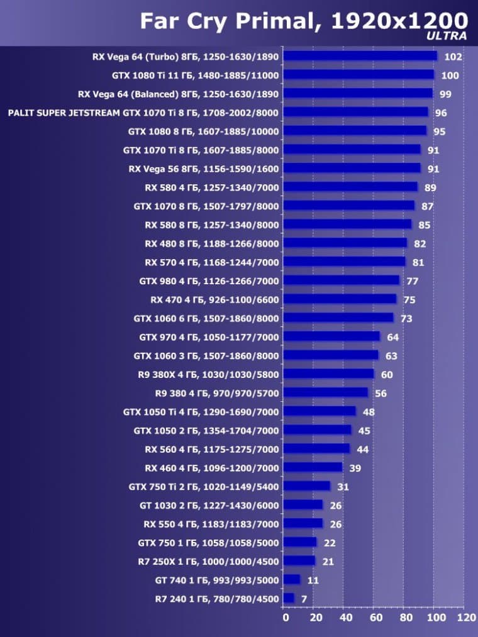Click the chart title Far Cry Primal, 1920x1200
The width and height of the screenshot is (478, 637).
[x=304, y=21]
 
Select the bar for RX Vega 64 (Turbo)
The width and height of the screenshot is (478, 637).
[x=360, y=56]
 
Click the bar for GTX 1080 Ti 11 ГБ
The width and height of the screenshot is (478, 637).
[x=359, y=75]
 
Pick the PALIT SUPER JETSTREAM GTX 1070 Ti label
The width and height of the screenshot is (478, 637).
[x=143, y=113]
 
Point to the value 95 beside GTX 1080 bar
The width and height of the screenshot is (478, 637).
[x=440, y=131]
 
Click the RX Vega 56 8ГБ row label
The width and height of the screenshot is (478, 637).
[x=203, y=169]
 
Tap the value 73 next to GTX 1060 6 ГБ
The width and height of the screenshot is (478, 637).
[x=406, y=319]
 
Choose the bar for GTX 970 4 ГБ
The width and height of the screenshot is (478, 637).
[x=332, y=337]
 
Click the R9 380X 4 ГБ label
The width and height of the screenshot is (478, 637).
[x=208, y=375]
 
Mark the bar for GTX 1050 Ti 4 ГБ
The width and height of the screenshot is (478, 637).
[x=320, y=412]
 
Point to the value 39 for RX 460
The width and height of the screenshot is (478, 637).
[x=355, y=468]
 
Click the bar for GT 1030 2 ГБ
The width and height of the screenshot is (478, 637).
[x=303, y=505]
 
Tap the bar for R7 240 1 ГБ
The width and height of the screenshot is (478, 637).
[x=289, y=598]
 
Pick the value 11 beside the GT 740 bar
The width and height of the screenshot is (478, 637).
[x=313, y=580]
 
